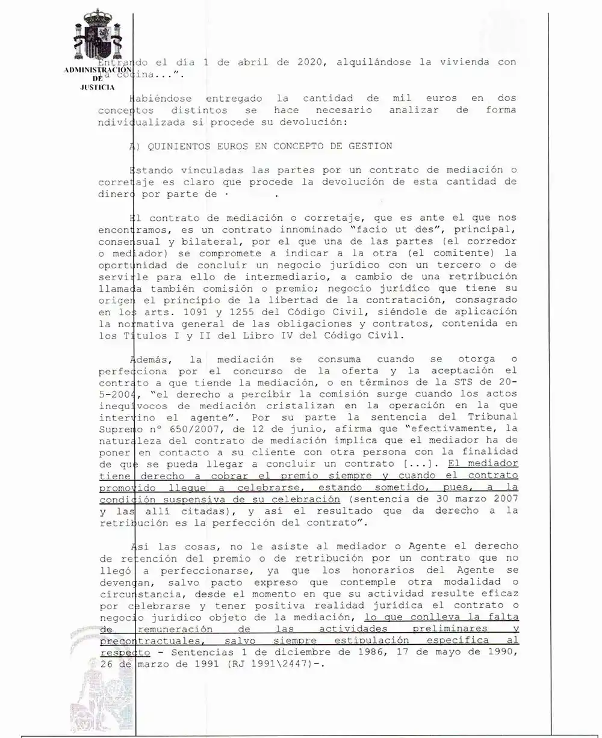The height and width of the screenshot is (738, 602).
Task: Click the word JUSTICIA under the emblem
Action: [x=98, y=88]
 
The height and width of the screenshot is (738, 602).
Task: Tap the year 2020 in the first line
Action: [x=309, y=62]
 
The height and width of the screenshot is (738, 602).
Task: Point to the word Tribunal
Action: [x=493, y=416]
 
